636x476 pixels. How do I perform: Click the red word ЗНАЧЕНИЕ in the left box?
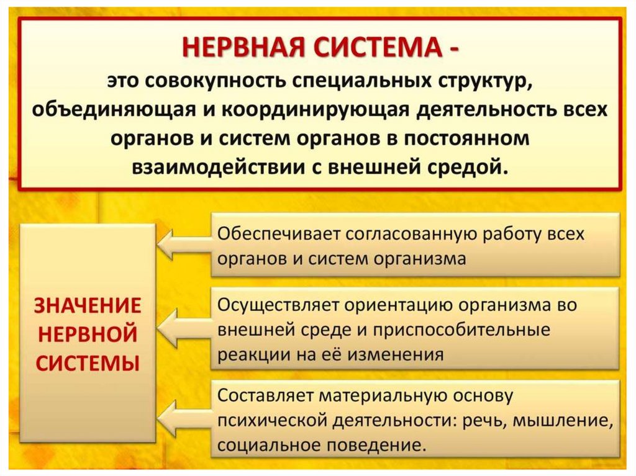[88, 305]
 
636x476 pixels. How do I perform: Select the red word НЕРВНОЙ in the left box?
[88, 335]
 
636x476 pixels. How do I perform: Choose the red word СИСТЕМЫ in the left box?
[88, 363]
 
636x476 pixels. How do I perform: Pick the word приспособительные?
[461, 330]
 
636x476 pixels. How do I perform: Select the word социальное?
[269, 446]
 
